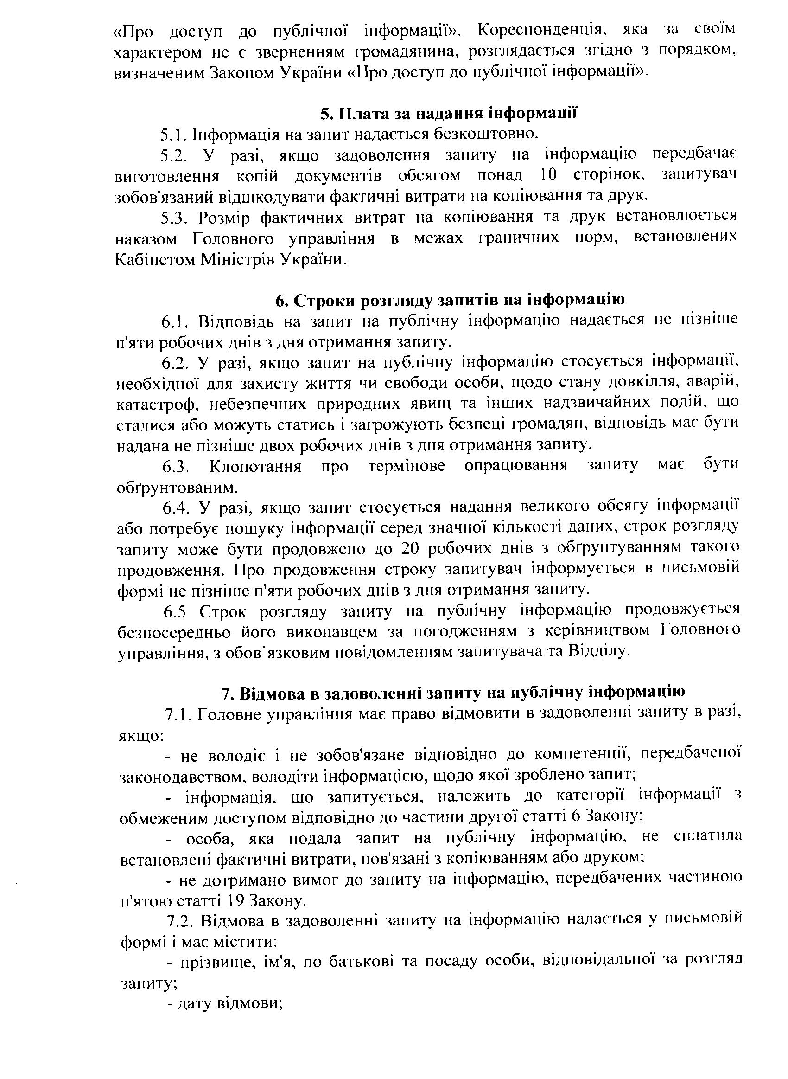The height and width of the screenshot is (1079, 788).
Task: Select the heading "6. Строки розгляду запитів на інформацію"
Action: (x=450, y=300)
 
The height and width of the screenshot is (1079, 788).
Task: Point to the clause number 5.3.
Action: (x=174, y=218)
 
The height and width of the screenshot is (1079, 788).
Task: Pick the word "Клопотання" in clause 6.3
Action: (x=255, y=466)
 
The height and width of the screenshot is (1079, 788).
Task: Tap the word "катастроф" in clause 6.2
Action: (x=150, y=404)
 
